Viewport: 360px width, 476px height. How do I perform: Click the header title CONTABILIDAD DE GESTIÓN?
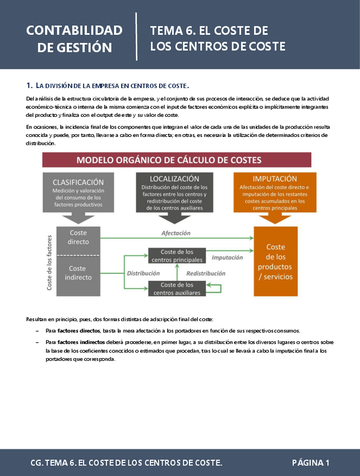coord(74,38)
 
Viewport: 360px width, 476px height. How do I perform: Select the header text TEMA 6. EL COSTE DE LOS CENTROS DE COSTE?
coord(218,38)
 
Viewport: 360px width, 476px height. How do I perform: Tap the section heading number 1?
coord(29,86)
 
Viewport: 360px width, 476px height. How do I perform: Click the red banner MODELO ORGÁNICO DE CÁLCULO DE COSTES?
coord(177,159)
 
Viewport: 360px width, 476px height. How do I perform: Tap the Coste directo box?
coord(78,237)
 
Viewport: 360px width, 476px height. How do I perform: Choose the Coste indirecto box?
coord(78,273)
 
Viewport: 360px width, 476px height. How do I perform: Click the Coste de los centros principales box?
coord(177,256)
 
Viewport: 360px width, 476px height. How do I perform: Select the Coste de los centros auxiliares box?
coord(177,289)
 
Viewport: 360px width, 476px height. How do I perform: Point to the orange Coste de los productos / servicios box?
coord(275,262)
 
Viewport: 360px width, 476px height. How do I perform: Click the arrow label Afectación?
coord(176,233)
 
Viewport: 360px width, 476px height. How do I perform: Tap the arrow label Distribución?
coord(144,273)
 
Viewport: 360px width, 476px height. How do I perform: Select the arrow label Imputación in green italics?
coord(227,258)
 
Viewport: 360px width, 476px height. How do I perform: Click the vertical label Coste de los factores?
coord(49,262)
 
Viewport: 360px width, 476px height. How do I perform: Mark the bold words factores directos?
coord(79,331)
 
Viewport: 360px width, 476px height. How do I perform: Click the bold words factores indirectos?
coord(80,342)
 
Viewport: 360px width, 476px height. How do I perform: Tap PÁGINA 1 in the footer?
coord(310,463)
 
